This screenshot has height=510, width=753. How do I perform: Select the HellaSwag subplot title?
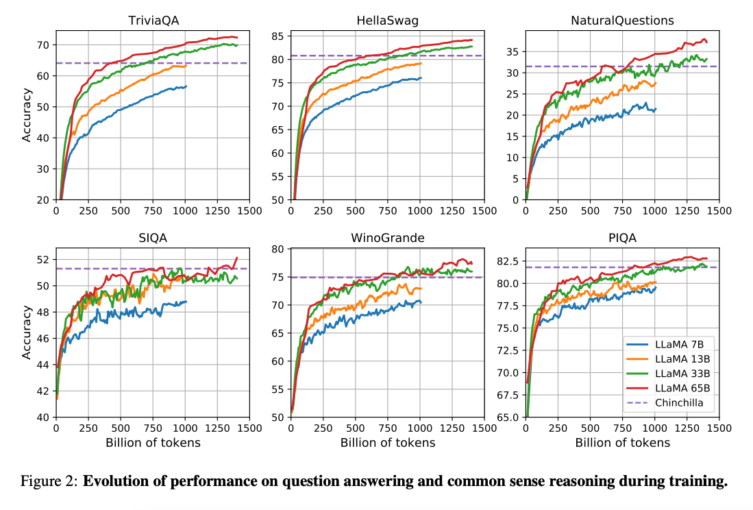coord(388,21)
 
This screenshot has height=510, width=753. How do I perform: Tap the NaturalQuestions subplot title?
coord(622,21)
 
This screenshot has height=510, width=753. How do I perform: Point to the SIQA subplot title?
coord(153,238)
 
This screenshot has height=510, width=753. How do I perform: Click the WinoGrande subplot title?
coord(388,238)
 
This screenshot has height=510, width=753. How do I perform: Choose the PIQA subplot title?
coord(622,238)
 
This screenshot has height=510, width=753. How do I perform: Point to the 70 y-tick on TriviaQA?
coord(42,45)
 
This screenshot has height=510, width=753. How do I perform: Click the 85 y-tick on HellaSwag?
coord(277,36)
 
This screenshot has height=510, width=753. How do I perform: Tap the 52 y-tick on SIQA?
coord(42,260)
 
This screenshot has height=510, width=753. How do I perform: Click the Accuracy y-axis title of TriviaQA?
coord(27,116)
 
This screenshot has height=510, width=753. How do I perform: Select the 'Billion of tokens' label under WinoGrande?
coord(388,443)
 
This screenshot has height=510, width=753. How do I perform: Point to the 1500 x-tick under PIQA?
coord(718,428)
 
